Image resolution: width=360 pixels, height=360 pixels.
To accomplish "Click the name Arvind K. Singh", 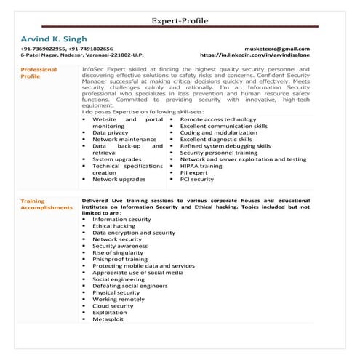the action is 55,38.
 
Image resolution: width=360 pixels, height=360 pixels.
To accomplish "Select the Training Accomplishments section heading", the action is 47,204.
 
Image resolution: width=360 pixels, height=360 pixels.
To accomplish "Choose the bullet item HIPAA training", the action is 201,165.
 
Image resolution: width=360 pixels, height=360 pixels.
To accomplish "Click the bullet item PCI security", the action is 196,178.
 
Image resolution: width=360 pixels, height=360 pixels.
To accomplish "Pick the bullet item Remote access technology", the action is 217,119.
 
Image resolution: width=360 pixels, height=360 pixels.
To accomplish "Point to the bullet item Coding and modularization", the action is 220,132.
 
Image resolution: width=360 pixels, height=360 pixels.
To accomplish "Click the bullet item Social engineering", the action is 119,279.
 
